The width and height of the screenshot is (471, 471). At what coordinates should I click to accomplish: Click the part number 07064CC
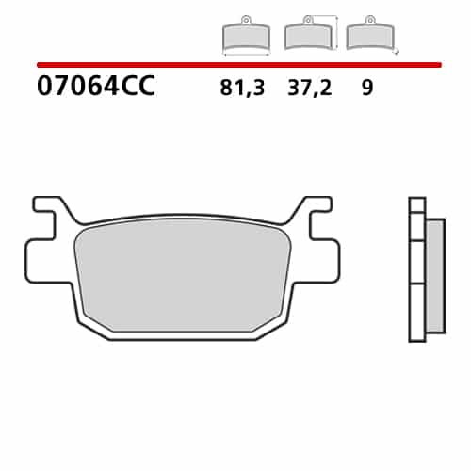pos(96,86)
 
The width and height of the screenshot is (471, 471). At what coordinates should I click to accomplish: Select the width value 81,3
pos(242,88)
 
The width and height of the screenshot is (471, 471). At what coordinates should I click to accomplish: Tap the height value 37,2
pos(309,88)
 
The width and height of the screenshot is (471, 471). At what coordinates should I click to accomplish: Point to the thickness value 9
pos(367,88)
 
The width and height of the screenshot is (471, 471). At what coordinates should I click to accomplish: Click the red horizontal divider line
pos(239,65)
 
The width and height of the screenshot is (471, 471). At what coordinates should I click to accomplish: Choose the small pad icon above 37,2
pos(308,33)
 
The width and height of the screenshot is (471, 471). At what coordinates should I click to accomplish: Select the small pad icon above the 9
pos(370,33)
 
